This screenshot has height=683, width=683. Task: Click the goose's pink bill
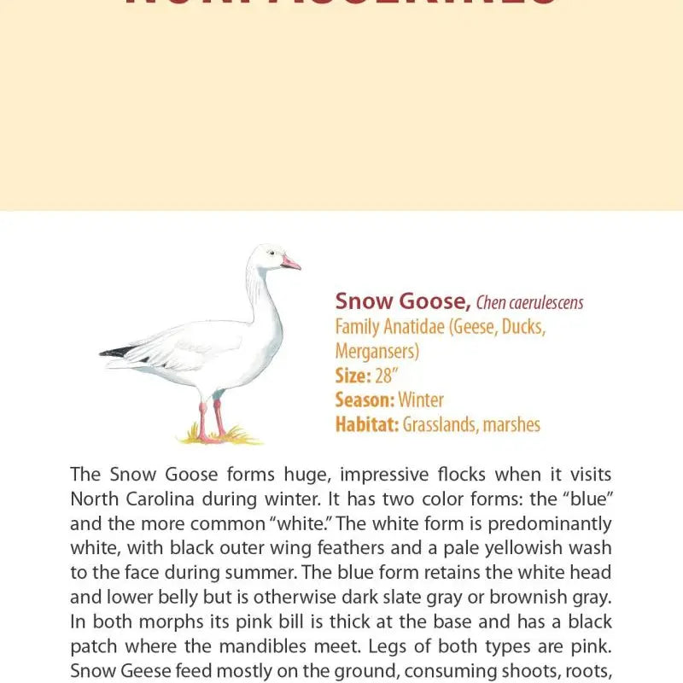coord(290,262)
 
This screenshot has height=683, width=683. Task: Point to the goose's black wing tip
coord(116,352)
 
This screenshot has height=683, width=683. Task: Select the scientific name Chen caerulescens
coord(529,302)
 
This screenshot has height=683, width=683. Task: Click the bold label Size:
coord(353,376)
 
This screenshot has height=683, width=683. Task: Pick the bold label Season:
coord(365,400)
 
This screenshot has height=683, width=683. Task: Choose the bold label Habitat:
coord(367,424)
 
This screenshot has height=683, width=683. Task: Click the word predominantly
coord(554,523)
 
